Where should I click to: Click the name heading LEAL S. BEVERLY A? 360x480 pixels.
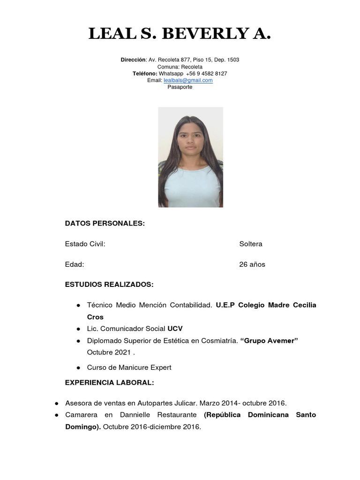180,34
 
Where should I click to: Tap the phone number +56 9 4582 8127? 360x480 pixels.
206,74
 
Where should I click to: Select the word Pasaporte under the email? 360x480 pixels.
180,87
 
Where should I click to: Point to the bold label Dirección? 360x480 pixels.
133,60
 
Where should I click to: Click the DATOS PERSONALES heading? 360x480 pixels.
105,224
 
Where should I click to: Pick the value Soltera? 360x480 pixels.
251,244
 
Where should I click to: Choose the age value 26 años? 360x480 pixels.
252,264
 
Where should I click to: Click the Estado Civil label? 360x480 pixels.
85,244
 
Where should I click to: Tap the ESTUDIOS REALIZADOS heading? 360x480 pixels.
109,285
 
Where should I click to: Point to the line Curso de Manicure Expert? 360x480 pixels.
129,367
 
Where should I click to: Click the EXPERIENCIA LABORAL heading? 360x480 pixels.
109,383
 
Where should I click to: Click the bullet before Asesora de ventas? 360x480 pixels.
56,403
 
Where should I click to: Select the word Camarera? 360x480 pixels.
81,415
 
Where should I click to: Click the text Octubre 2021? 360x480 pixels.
106,352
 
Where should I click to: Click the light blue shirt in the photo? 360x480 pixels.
191,187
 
